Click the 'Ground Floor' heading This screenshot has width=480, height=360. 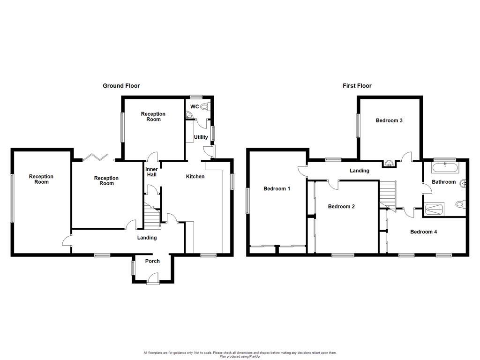(x=121, y=86)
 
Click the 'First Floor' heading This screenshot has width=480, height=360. (x=357, y=86)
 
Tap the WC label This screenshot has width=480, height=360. (x=194, y=106)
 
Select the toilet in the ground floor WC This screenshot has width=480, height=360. (x=204, y=107)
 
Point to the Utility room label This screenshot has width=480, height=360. (x=201, y=137)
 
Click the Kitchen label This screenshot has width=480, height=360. (x=195, y=177)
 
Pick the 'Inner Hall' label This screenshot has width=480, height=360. (x=151, y=172)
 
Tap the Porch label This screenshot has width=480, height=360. (x=152, y=261)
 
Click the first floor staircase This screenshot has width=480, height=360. (x=388, y=194)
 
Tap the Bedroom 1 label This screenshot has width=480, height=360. (x=277, y=189)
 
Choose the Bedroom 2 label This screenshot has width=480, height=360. (x=341, y=207)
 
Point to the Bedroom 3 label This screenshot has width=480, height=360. (x=389, y=120)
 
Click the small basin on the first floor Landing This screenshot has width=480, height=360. (x=389, y=164)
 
